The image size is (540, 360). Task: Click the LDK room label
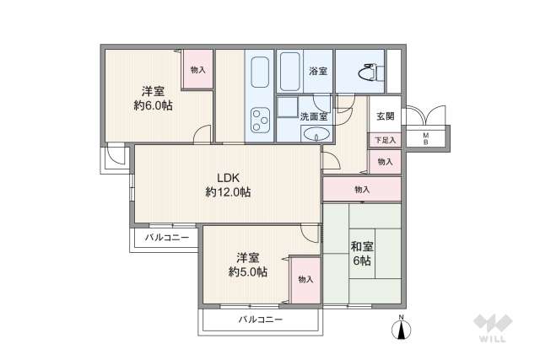[x=229, y=178]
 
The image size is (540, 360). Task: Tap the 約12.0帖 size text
[x=228, y=192]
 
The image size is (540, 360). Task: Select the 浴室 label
[x=318, y=70]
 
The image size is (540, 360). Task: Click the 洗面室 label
[x=314, y=115]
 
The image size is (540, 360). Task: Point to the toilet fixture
[x=366, y=73]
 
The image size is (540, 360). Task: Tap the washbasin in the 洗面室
[x=320, y=135]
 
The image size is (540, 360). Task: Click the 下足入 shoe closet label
[x=384, y=140]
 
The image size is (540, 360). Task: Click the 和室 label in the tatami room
[x=363, y=246]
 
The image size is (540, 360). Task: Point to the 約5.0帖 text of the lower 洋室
[x=247, y=271]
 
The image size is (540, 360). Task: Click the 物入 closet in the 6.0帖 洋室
[x=197, y=70]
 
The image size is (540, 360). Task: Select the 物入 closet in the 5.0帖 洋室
[x=305, y=279]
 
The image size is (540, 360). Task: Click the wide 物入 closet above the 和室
[x=362, y=190]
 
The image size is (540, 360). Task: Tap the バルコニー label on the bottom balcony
[x=260, y=320]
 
